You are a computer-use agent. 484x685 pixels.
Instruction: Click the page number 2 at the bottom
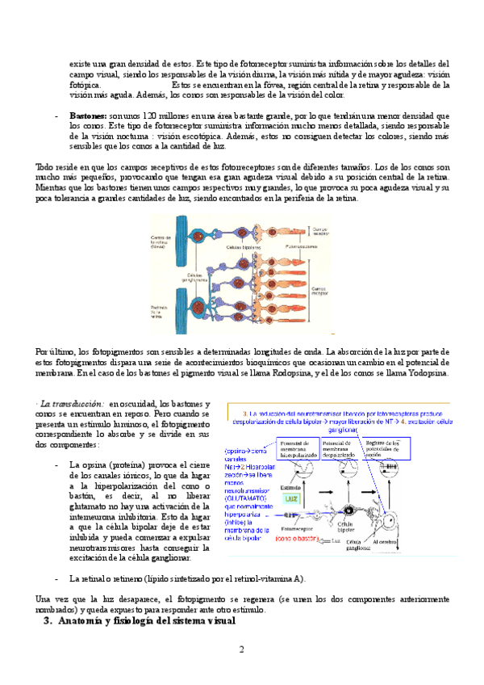tap(240, 651)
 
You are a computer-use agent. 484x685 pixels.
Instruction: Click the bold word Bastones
tap(89, 116)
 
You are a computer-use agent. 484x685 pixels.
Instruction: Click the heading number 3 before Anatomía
tap(47, 622)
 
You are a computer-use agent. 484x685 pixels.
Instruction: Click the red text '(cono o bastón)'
tap(302, 537)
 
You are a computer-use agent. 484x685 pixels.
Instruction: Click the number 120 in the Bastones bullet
tap(152, 116)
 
